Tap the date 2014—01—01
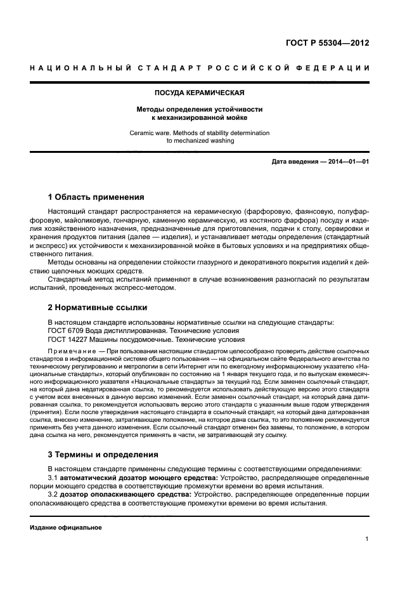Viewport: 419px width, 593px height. point(347,162)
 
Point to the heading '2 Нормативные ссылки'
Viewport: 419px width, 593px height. point(98,308)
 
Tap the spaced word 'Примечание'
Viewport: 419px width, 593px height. point(70,351)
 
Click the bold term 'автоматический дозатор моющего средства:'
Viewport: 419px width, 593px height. point(139,478)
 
